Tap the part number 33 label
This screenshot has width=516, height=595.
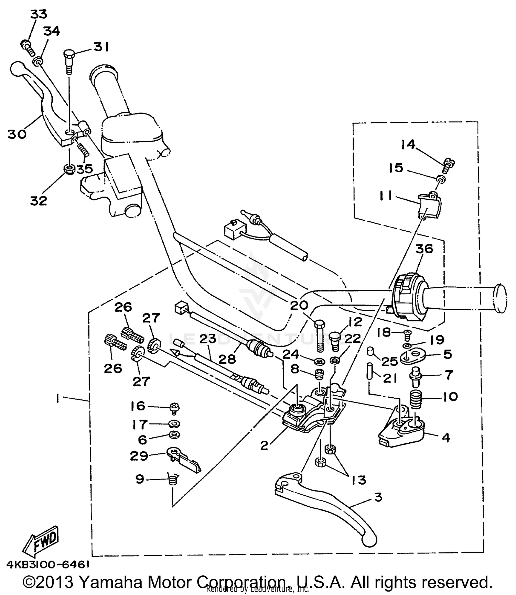(39, 14)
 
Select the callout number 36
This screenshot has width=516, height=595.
(424, 249)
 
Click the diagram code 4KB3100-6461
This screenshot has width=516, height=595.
(48, 564)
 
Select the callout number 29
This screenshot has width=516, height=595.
(139, 456)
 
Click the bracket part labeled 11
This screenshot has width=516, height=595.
(429, 206)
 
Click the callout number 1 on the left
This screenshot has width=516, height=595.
(57, 398)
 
